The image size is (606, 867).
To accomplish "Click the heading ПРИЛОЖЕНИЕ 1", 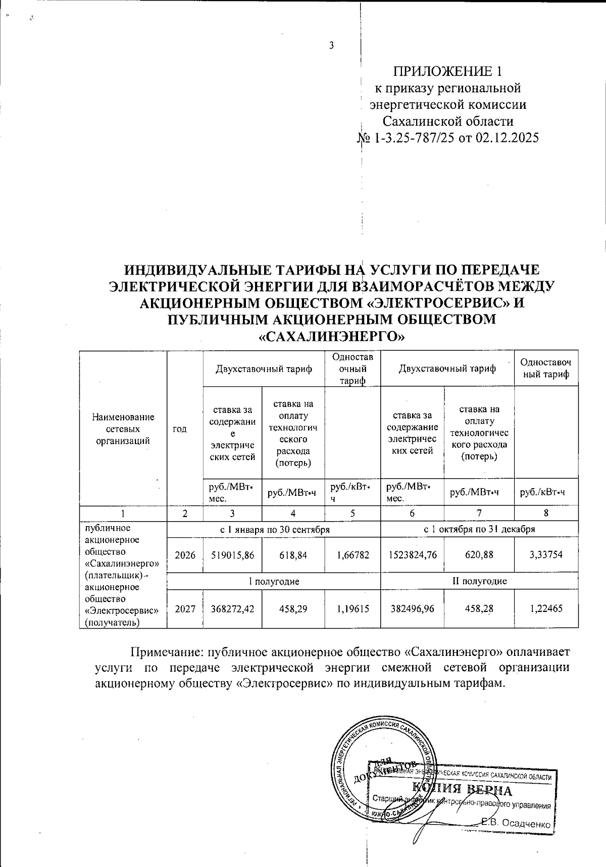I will click(x=448, y=71).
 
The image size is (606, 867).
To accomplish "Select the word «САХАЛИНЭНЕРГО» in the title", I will click(x=332, y=336).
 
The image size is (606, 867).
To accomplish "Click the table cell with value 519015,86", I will click(x=232, y=554).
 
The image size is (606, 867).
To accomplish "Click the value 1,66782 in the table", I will click(x=353, y=554).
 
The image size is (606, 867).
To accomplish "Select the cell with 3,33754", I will click(x=546, y=554).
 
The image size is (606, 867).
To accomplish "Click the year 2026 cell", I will click(x=185, y=554).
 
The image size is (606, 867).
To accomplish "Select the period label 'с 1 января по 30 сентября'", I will click(x=274, y=529).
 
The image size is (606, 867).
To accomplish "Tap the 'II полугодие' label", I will click(x=479, y=581).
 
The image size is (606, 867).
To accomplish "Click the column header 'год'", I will click(x=179, y=429).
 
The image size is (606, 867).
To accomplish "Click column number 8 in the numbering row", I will click(x=546, y=514).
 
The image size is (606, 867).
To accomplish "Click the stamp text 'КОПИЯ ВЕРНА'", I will click(x=462, y=789).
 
